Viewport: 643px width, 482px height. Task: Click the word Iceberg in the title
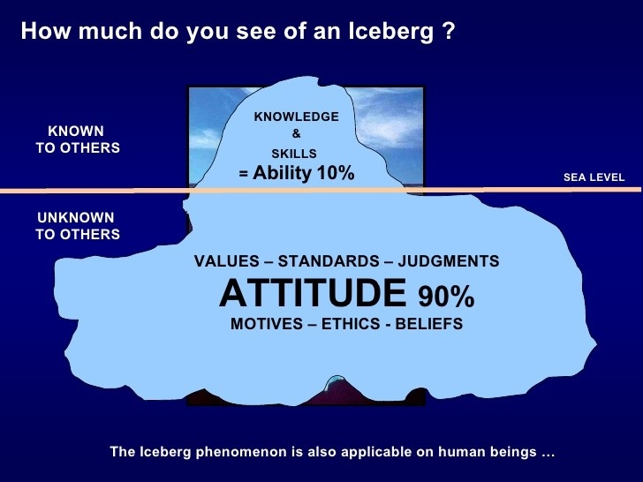[x=390, y=32]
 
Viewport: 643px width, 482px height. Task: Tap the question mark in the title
[x=449, y=31]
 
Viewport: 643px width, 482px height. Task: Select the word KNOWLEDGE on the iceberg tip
[x=297, y=117]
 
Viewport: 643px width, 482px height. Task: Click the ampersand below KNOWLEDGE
[x=296, y=133]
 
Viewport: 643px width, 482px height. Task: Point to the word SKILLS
[x=294, y=154]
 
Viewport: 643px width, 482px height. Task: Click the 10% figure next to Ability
[x=336, y=172]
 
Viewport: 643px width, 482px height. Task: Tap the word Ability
[x=282, y=173]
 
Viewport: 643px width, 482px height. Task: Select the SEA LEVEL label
[x=594, y=177]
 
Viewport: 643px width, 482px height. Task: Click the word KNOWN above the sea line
[x=76, y=131]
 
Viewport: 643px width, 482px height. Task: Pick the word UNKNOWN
[x=76, y=217]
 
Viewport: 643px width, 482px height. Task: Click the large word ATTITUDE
[x=313, y=293]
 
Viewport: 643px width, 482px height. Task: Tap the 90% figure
[x=446, y=296]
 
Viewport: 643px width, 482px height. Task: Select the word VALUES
[x=227, y=261]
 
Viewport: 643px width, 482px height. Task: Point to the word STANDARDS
[x=329, y=261]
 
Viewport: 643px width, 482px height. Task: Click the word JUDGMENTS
[x=449, y=261]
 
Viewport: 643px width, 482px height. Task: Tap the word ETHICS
[x=351, y=324]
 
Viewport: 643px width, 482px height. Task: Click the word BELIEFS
[x=429, y=324]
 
